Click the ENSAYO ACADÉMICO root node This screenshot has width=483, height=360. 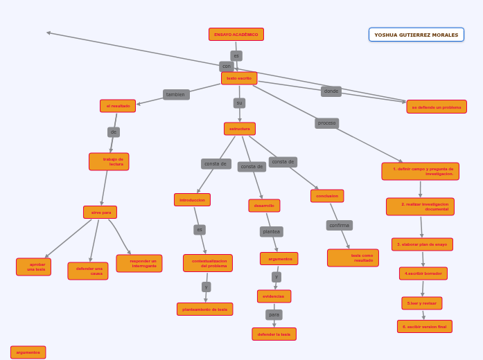pyautogui.click(x=236, y=35)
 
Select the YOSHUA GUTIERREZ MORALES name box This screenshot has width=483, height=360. pyautogui.click(x=416, y=35)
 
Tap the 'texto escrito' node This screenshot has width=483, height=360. pyautogui.click(x=239, y=78)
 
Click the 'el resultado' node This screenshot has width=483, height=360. pyautogui.click(x=118, y=106)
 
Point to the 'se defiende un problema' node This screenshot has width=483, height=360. pyautogui.click(x=436, y=107)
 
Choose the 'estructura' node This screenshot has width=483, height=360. pyautogui.click(x=240, y=129)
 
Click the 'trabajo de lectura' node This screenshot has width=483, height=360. pyautogui.click(x=109, y=161)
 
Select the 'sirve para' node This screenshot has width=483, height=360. pyautogui.click(x=100, y=213)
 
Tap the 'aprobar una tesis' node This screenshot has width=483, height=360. pyautogui.click(x=34, y=267)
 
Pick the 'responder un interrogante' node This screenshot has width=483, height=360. pyautogui.click(x=139, y=263)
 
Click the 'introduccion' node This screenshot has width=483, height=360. pyautogui.click(x=192, y=200)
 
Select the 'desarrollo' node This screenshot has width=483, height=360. pyautogui.click(x=264, y=206)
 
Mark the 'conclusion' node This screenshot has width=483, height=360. pyautogui.click(x=327, y=196)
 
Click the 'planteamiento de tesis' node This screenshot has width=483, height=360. pyautogui.click(x=204, y=309)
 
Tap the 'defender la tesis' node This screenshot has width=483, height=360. pyautogui.click(x=274, y=334)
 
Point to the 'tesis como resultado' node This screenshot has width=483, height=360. pyautogui.click(x=353, y=258)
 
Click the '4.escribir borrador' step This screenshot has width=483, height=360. pyautogui.click(x=423, y=273)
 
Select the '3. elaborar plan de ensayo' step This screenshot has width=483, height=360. pyautogui.click(x=422, y=244)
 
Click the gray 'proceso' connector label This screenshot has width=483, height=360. pyautogui.click(x=327, y=123)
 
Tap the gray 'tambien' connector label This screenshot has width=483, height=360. pyautogui.click(x=176, y=95)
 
